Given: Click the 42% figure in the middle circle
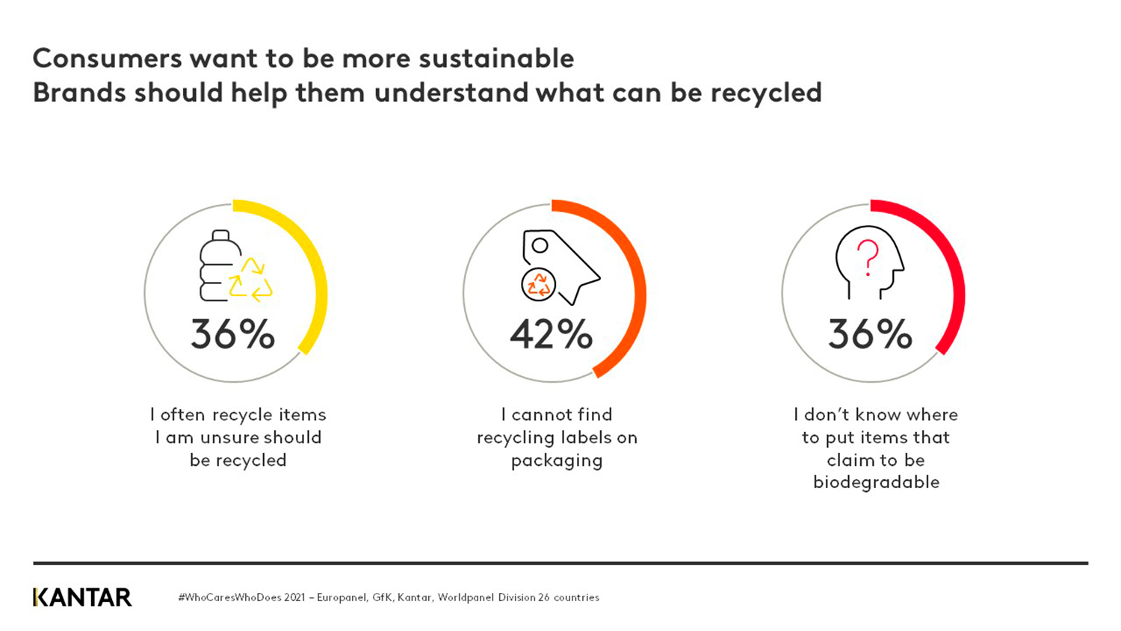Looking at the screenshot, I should click(552, 334).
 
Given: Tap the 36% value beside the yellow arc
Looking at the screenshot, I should click(232, 334).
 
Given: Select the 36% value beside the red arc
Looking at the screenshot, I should click(870, 334).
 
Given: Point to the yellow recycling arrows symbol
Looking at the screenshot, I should click(251, 280).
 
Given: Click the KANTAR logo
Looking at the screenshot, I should click(82, 597).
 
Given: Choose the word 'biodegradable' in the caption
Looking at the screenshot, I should click(876, 482).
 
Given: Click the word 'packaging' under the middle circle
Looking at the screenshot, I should click(557, 461).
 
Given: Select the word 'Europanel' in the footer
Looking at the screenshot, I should click(341, 597).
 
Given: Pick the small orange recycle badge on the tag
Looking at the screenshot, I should click(538, 285).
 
